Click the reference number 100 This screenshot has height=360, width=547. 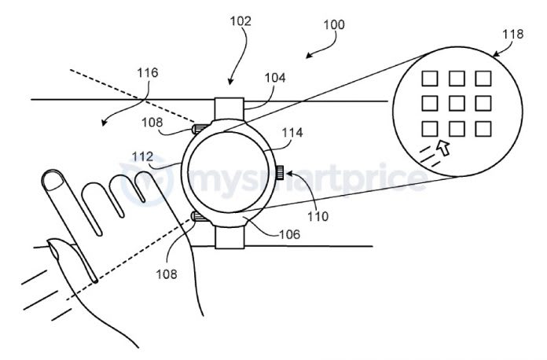coord(333,24)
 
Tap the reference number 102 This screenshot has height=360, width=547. coord(240,21)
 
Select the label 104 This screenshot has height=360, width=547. coord(275,78)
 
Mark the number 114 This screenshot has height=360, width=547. coord(292,133)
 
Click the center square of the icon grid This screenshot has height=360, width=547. coord(456,102)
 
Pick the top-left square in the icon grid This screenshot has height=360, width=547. coord(429,78)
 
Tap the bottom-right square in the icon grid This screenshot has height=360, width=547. coord(483,127)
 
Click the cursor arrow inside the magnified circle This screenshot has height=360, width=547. coord(445,148)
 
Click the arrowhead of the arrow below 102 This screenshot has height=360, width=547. coord(229,81)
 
